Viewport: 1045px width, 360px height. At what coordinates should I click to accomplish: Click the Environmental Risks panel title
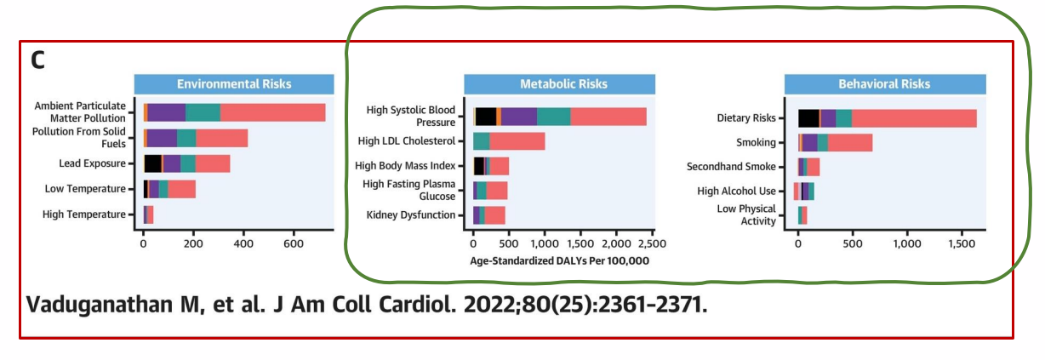(233, 84)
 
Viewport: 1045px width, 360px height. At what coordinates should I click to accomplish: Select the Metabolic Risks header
(563, 84)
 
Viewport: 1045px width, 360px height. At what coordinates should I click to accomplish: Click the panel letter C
(37, 60)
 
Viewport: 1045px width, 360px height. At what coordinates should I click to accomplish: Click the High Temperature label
(84, 214)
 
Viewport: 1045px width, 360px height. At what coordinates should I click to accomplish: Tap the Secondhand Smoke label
(731, 167)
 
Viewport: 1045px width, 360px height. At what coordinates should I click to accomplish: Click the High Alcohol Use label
(736, 191)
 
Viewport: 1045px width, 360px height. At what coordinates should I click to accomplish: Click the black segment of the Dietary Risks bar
(808, 118)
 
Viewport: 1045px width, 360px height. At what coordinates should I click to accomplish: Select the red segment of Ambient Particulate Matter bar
(272, 112)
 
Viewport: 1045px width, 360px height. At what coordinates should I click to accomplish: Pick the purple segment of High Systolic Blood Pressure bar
(518, 117)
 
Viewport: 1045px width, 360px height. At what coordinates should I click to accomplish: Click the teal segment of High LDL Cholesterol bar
(482, 141)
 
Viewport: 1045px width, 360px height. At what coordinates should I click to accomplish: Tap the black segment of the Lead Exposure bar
(152, 163)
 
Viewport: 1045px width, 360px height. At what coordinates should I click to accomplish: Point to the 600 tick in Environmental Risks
(294, 243)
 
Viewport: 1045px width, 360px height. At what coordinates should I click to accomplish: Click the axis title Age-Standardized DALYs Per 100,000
(559, 261)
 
